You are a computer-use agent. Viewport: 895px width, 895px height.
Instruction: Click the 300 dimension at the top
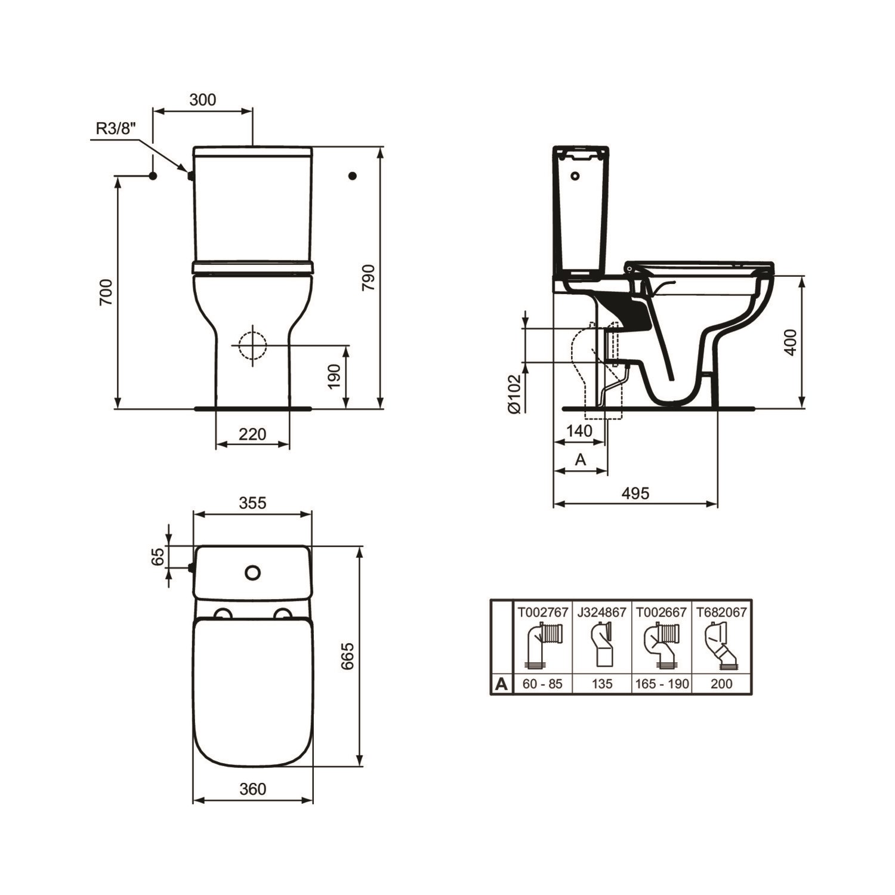tap(203, 100)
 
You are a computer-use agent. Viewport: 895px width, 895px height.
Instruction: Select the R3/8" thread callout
tap(116, 128)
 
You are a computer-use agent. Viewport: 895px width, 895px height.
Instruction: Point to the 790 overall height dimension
tap(368, 277)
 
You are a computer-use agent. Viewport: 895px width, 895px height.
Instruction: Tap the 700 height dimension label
tap(106, 292)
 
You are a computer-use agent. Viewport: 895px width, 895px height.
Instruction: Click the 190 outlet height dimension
tap(334, 376)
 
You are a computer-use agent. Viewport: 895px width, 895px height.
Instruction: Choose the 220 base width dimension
tap(252, 434)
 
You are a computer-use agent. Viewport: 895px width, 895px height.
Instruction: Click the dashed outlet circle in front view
tap(252, 345)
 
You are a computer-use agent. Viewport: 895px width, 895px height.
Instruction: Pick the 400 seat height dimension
tap(791, 342)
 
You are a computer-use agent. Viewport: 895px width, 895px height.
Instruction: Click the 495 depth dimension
tap(635, 493)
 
